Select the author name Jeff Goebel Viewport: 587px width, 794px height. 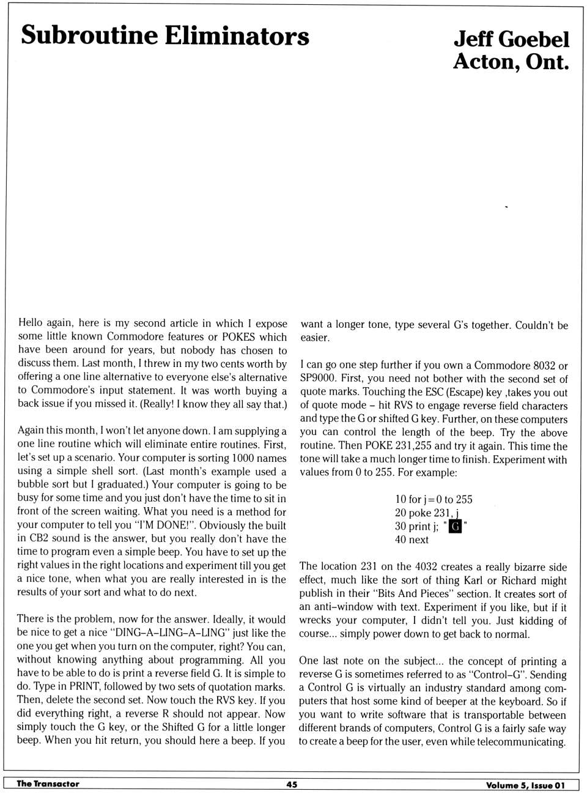click(511, 39)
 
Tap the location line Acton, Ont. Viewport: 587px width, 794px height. click(511, 62)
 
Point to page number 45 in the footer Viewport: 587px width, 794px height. click(292, 784)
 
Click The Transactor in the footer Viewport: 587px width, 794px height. click(48, 784)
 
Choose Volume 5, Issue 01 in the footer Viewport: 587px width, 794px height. click(525, 785)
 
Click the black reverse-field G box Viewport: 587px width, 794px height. click(455, 526)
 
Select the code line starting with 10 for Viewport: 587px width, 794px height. click(434, 499)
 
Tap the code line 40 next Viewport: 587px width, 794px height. click(412, 540)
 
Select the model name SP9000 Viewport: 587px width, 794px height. click(317, 379)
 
